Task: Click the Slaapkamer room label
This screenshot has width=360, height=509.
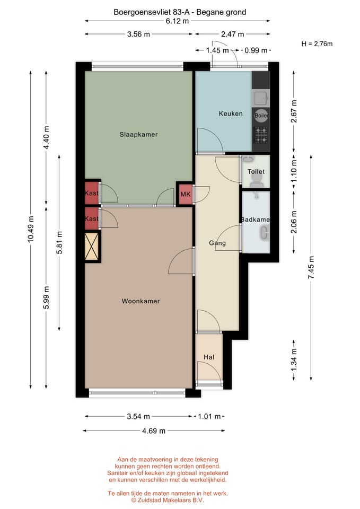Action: (138, 134)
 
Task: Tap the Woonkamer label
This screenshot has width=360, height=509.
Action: (141, 301)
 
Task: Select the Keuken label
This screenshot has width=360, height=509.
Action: (231, 113)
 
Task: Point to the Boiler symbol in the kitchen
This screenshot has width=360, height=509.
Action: (261, 115)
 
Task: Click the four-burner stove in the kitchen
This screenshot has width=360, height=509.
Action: (261, 135)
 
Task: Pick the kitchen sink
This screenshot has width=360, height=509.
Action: (261, 98)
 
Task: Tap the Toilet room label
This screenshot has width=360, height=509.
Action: (256, 171)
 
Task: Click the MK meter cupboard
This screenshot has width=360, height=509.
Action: (186, 194)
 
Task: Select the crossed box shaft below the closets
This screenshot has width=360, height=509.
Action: (92, 247)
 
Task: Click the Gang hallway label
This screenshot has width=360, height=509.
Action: (217, 243)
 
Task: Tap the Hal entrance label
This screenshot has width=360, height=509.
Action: (209, 357)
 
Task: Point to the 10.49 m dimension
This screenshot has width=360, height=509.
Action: (31, 229)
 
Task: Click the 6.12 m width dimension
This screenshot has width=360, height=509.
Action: (177, 21)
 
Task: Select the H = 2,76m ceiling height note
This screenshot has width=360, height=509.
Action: (317, 44)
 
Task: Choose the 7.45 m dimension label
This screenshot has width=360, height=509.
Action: (311, 267)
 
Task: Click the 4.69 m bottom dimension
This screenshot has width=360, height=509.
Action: (154, 431)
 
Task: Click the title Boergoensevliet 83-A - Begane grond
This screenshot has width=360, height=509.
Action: (180, 12)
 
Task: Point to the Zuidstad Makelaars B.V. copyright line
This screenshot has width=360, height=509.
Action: (168, 500)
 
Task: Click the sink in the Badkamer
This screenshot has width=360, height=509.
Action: (264, 233)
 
